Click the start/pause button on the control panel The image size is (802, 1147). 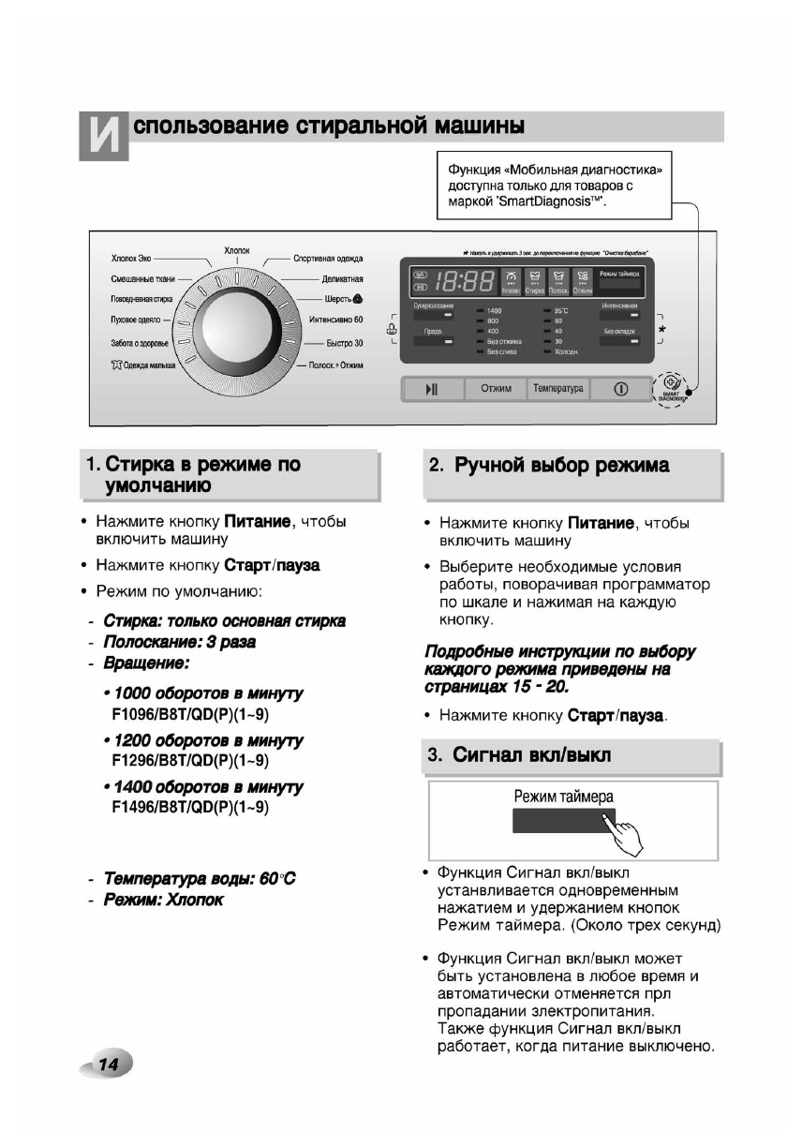tap(432, 388)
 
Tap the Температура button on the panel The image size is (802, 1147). tap(557, 388)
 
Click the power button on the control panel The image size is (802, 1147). tap(620, 388)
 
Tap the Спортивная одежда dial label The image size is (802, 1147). tap(328, 259)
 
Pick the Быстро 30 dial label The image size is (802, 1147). tap(344, 343)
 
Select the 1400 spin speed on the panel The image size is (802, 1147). tap(494, 309)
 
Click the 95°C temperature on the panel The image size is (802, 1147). tap(561, 309)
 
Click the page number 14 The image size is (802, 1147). tap(108, 1064)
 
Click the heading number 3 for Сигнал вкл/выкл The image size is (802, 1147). tap(435, 755)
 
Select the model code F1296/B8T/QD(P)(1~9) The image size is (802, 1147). tap(190, 760)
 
